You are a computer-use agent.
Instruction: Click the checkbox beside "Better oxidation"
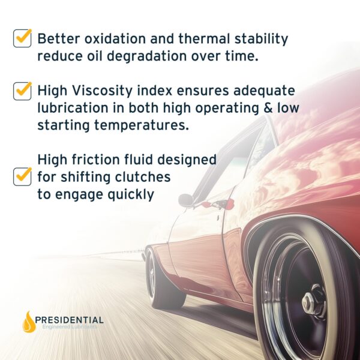[22, 38]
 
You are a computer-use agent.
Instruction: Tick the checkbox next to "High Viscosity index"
[22, 91]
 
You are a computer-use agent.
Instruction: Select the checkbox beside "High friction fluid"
[22, 176]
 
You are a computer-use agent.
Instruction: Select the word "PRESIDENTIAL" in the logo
[71, 320]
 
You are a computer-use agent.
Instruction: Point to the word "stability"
[260, 40]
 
